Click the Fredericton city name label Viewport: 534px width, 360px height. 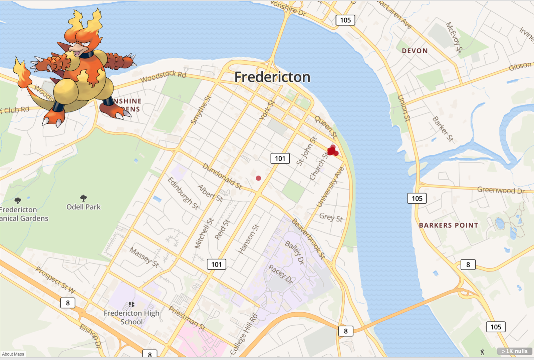(272, 77)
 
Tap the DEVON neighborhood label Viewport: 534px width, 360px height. (415, 51)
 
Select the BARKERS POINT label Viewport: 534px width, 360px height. (448, 225)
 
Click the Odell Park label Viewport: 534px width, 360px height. (83, 207)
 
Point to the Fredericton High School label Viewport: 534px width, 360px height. (131, 317)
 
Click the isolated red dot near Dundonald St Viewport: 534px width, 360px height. (258, 178)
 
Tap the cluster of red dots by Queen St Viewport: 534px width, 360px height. (332, 151)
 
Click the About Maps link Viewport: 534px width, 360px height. (13, 354)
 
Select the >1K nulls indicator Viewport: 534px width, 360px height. (514, 351)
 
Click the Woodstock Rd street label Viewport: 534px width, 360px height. (163, 76)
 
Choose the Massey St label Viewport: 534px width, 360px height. (144, 257)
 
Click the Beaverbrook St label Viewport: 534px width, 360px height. (308, 239)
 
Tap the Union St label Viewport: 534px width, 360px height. (404, 108)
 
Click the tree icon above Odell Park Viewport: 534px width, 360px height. (83, 198)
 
